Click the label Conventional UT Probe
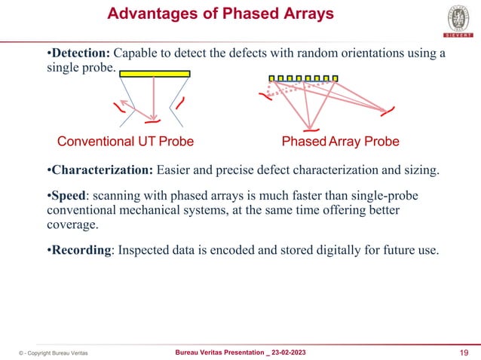126,142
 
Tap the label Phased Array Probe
340,142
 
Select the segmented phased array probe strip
304,78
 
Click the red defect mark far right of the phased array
388,114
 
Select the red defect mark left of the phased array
264,96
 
